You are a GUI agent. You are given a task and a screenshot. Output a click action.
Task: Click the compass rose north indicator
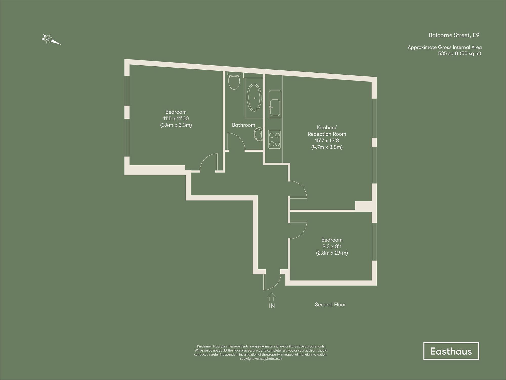48,39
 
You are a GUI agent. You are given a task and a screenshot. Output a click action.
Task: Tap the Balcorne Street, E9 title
454,35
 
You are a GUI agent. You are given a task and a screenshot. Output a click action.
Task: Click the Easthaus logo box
451,351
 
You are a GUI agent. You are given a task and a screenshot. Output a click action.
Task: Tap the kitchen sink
275,108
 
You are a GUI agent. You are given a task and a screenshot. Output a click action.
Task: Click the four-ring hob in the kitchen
275,139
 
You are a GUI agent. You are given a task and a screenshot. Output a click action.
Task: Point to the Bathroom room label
243,125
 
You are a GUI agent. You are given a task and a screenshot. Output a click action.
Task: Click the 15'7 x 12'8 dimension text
327,141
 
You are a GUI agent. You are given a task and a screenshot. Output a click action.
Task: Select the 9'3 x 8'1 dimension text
332,246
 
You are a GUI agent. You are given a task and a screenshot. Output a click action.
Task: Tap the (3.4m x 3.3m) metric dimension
176,125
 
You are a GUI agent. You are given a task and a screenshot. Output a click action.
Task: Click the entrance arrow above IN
272,297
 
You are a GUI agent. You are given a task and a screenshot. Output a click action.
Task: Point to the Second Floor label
330,305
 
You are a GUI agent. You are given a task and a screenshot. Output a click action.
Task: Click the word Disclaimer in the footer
204,346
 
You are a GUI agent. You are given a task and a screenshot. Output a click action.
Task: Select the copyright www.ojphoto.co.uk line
261,359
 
